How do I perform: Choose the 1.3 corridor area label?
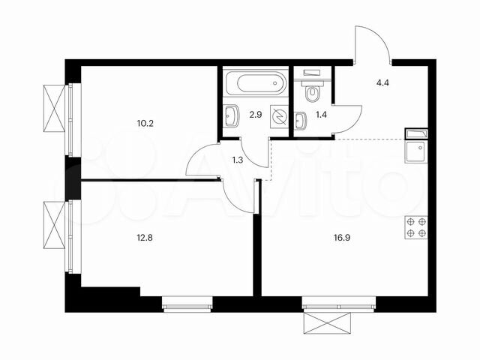pos(238,158)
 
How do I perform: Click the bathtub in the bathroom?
pos(255,82)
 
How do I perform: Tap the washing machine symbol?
pos(279,118)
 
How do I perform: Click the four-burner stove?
pos(415,227)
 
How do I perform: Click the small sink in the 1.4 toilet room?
pos(300,121)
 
